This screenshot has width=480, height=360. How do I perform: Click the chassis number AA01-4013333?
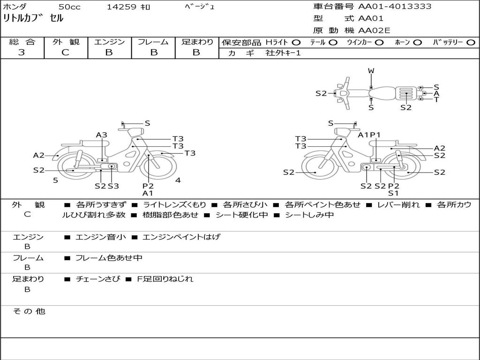pos(395,7)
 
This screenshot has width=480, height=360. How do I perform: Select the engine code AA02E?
pos(374,30)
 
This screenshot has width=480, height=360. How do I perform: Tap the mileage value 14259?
pos(121,7)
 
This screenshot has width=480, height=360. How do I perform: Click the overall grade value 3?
pos(22,52)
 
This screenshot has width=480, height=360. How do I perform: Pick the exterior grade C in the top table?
pos(65,52)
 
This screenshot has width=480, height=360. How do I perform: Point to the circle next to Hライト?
pos(296,42)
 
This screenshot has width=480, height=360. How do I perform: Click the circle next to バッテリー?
pos(471,42)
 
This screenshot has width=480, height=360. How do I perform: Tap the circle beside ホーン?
pos(418,42)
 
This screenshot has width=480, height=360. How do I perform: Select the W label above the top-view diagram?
pos(371,71)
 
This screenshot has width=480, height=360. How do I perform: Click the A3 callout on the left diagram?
pos(102,135)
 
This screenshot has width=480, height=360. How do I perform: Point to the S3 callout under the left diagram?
pos(113,186)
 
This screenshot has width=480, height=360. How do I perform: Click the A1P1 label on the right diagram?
pos(369,135)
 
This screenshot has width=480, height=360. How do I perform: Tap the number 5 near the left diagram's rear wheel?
pos(55,180)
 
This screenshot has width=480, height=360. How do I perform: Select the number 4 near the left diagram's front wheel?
pos(178,180)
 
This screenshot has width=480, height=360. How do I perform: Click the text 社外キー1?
pos(283,53)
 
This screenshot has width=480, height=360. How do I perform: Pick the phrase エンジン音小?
pos(101,237)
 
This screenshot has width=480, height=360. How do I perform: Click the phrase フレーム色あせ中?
pos(109,258)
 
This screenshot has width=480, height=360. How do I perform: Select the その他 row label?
pos(29,311)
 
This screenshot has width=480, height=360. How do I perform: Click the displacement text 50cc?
pos(69,7)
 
